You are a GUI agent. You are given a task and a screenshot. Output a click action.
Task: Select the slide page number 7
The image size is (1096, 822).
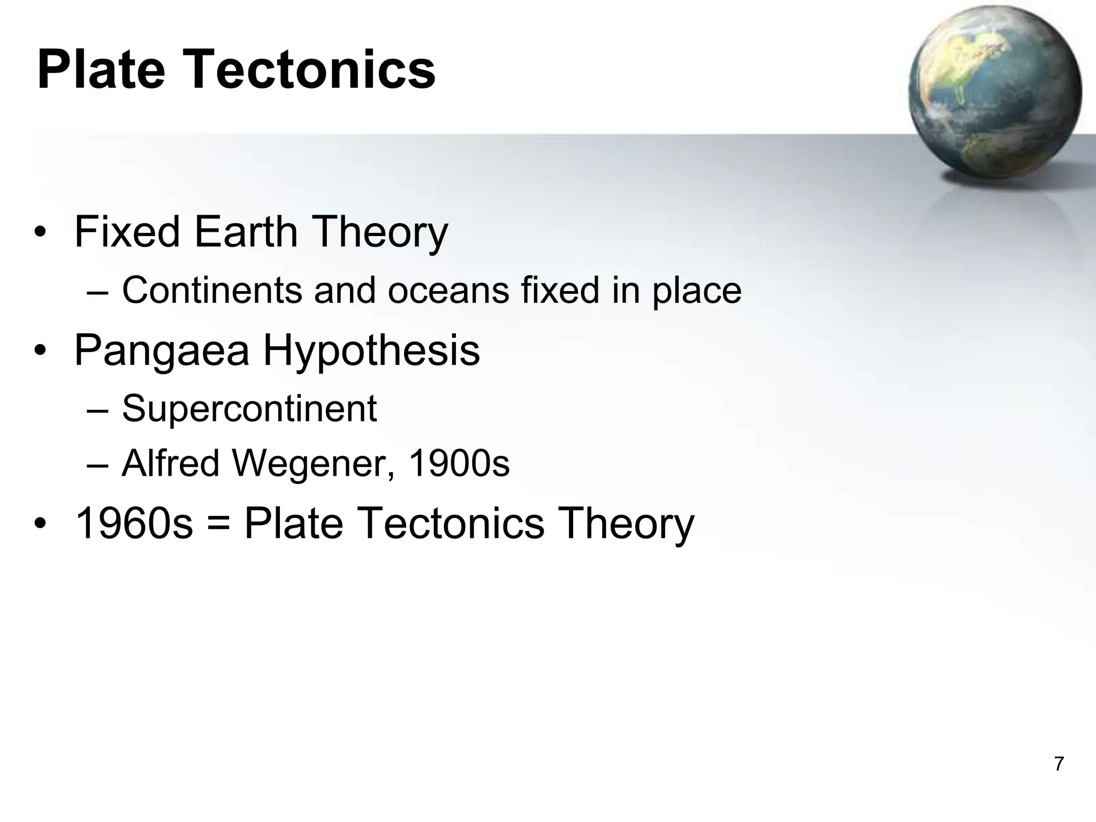pos(1059,764)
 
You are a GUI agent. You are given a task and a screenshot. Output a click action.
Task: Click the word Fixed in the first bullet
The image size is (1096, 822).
pos(127,232)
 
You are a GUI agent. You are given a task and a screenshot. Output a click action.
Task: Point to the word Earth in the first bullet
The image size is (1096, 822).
pos(245,232)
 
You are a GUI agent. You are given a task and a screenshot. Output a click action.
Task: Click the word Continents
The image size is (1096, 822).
pos(212,291)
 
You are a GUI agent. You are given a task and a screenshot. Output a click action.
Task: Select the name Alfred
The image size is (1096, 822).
pos(171,463)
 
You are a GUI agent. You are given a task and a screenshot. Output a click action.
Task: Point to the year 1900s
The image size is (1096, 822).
pos(459,463)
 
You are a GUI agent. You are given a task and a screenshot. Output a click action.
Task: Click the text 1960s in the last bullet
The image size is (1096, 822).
pos(134,523)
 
